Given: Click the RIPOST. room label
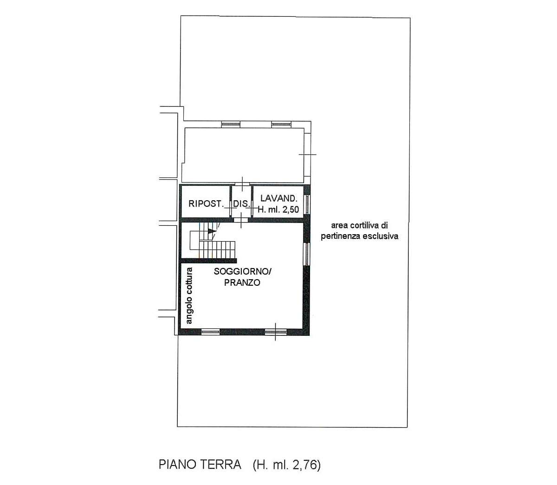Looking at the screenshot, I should pyautogui.click(x=206, y=204).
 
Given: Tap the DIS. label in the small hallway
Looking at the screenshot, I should pyautogui.click(x=241, y=204).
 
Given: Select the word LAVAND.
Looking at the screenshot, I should pyautogui.click(x=278, y=198).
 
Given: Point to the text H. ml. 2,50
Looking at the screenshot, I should pyautogui.click(x=278, y=210).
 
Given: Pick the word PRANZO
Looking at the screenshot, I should pyautogui.click(x=242, y=282).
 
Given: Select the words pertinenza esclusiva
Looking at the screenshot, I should pyautogui.click(x=360, y=236).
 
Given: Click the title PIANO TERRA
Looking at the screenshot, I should pyautogui.click(x=200, y=465).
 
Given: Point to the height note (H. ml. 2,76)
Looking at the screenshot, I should pyautogui.click(x=287, y=465).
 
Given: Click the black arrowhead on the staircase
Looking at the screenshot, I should pyautogui.click(x=212, y=230).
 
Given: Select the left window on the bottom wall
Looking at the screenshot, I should pyautogui.click(x=210, y=332).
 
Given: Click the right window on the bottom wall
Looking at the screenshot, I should pyautogui.click(x=276, y=332).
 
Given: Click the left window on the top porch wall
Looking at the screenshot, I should pyautogui.click(x=231, y=124).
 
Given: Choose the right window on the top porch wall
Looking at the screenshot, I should pyautogui.click(x=281, y=124).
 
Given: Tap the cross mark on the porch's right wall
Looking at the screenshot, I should pyautogui.click(x=307, y=154).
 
